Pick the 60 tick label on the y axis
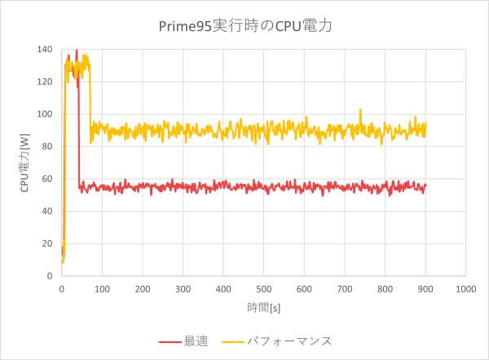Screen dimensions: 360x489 tap(46, 179)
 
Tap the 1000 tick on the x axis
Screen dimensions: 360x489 tap(465, 288)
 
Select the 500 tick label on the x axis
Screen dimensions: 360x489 tap(263, 288)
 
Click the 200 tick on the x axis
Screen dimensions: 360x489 tap(142, 288)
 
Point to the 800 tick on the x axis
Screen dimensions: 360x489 tap(385, 288)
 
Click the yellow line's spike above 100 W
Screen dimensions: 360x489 tap(360, 109)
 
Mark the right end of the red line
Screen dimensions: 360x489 tap(425, 186)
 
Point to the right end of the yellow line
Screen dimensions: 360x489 tap(425, 124)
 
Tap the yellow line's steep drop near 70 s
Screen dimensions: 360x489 tap(90, 106)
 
